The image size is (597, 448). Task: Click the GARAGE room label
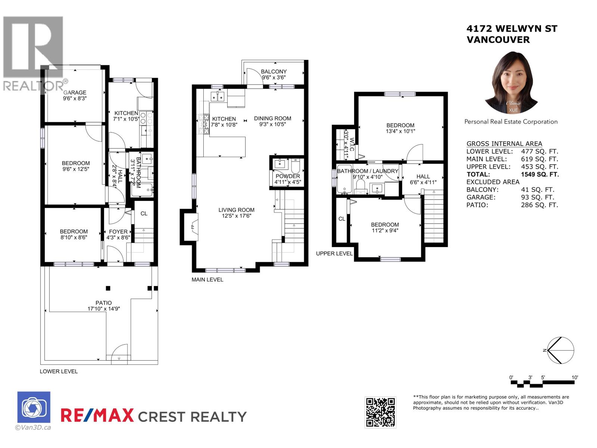click(75, 93)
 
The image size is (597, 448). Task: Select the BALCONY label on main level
click(274, 72)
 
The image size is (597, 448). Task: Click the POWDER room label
click(288, 176)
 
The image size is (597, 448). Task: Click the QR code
click(380, 412)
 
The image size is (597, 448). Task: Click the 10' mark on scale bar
click(575, 377)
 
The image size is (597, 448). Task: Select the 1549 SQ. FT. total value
click(540, 174)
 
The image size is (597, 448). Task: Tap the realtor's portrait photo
click(511, 82)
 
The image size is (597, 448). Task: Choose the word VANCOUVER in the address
click(498, 40)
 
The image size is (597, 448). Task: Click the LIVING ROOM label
click(236, 210)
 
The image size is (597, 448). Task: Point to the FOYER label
click(118, 231)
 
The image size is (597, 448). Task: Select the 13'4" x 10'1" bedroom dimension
click(400, 131)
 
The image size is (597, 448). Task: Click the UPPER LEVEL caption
click(334, 253)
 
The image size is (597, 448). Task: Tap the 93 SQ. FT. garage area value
click(537, 197)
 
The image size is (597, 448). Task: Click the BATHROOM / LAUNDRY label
click(368, 171)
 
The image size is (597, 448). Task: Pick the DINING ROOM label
click(272, 118)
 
